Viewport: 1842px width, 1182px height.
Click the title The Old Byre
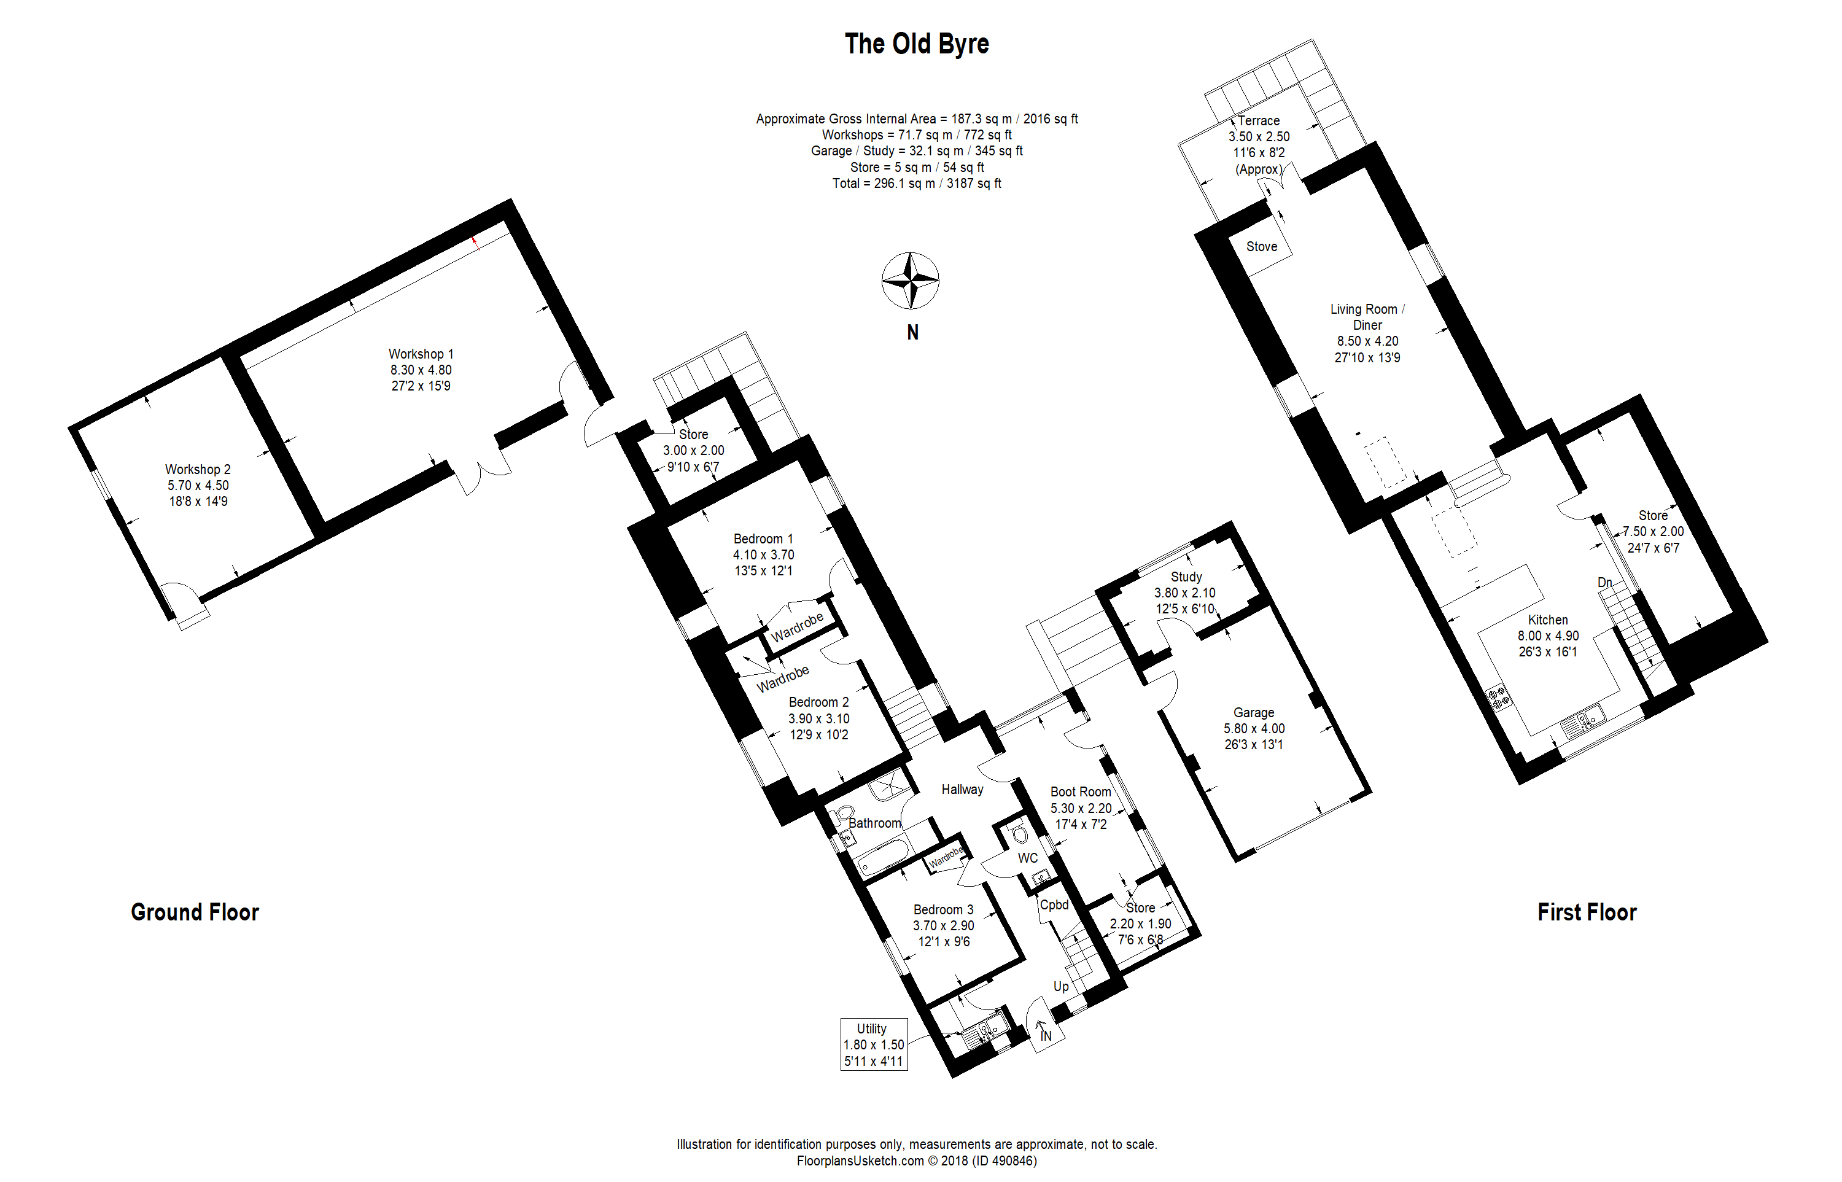(x=916, y=44)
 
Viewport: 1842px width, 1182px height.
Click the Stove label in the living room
(x=1261, y=246)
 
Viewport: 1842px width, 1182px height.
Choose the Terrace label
(x=1259, y=120)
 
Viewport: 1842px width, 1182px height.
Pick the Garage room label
(x=1253, y=712)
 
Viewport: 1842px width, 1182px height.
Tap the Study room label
(x=1186, y=577)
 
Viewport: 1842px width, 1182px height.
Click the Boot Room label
(x=1081, y=791)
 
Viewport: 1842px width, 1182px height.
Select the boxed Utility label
(x=873, y=1044)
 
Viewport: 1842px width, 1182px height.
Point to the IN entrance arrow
(x=1043, y=1031)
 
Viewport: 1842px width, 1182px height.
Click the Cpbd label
(x=1054, y=905)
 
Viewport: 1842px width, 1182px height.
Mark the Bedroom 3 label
(x=943, y=909)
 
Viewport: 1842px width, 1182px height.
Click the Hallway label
(x=963, y=789)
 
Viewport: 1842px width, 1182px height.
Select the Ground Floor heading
(x=195, y=912)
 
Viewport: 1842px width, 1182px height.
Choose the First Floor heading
(x=1587, y=912)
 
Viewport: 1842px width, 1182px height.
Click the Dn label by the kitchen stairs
(x=1605, y=583)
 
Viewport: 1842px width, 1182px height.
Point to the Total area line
(x=916, y=184)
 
